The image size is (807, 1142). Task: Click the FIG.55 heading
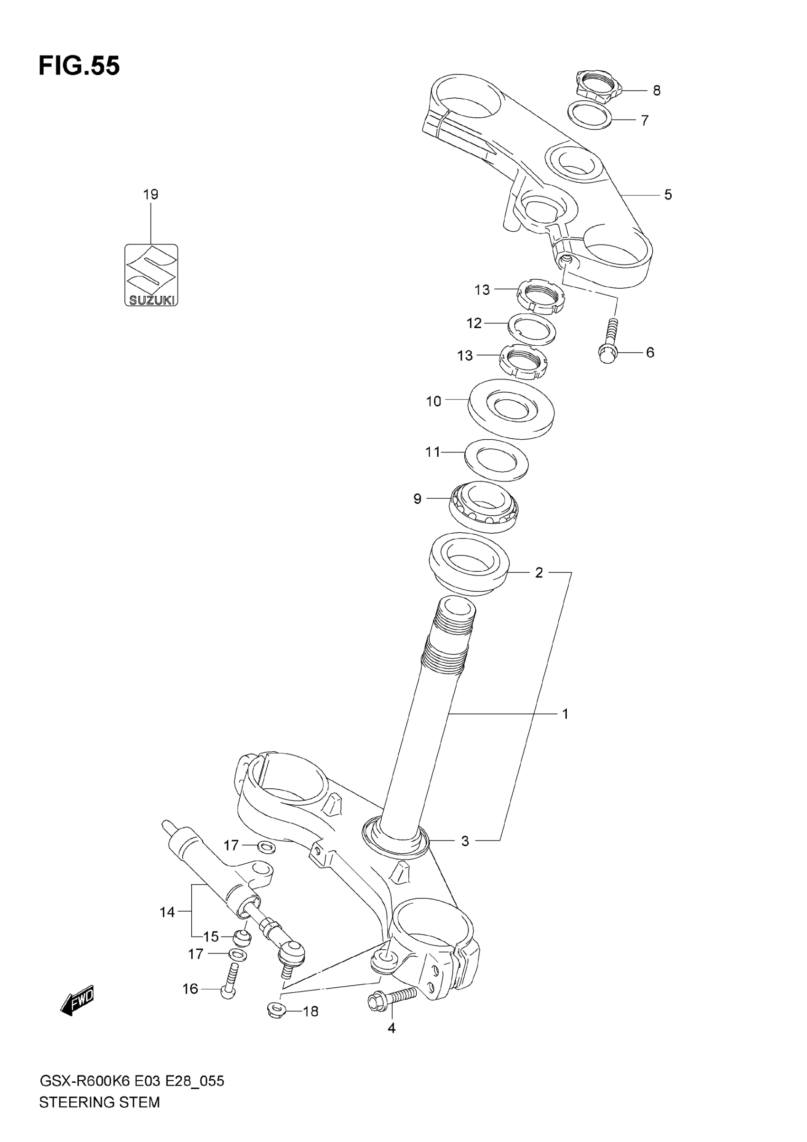(79, 66)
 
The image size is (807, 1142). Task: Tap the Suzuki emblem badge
(150, 274)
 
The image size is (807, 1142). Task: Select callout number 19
(150, 194)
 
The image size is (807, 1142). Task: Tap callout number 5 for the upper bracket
(668, 195)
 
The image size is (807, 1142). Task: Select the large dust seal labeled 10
(511, 409)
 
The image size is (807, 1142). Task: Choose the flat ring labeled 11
(496, 460)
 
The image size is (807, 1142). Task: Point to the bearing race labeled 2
(469, 564)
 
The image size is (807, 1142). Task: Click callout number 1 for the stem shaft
(565, 714)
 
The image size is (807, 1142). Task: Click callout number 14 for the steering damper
(167, 912)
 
